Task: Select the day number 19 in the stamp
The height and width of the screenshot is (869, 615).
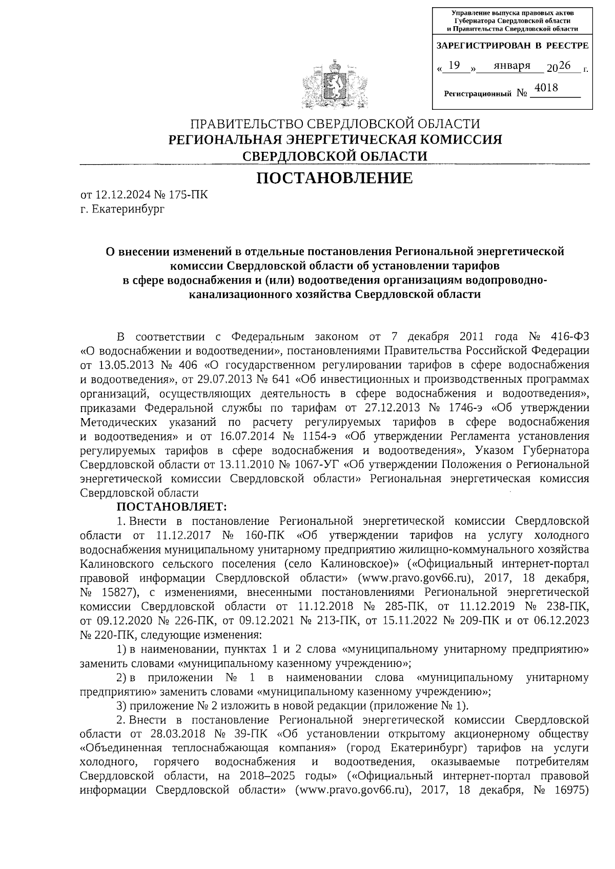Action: coord(454,66)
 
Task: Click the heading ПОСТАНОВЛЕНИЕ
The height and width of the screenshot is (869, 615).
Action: coord(334,178)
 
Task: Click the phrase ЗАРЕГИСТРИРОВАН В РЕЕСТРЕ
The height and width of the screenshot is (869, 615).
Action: coord(512,46)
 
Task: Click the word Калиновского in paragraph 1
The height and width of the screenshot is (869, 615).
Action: coord(117,564)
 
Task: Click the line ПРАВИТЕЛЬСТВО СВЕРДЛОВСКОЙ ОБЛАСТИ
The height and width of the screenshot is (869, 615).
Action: coord(335,124)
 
